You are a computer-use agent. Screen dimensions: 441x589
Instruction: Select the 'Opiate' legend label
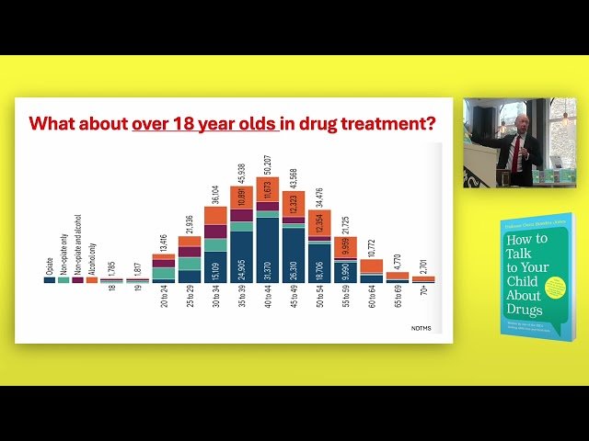point(50,266)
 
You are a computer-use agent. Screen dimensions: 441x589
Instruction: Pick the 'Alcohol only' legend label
point(92,259)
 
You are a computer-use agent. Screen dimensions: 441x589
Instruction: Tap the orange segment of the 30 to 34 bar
point(215,216)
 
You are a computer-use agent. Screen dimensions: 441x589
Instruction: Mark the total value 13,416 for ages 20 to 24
point(164,238)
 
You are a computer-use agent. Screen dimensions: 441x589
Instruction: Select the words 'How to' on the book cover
point(526,238)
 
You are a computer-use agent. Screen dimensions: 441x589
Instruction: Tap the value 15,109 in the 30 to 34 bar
point(215,266)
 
